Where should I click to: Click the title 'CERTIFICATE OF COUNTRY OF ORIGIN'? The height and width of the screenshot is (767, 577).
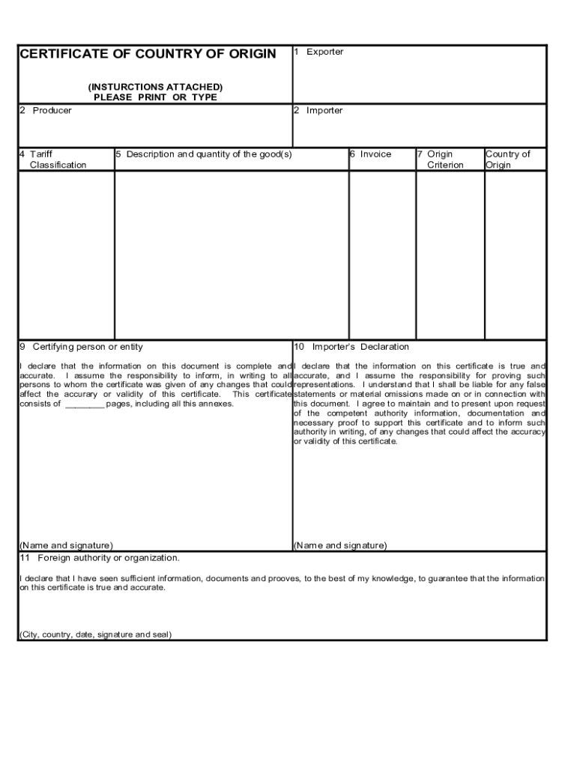point(148,54)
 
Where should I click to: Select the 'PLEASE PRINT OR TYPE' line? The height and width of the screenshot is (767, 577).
point(155,97)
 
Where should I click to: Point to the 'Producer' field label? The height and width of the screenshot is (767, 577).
point(52,111)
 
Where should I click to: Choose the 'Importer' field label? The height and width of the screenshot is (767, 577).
point(324,111)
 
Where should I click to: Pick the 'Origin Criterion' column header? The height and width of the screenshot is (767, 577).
point(444,160)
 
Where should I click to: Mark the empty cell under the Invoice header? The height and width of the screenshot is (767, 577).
point(381,255)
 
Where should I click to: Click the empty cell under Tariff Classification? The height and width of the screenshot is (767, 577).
point(66,255)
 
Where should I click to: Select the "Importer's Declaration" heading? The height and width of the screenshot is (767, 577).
point(360,347)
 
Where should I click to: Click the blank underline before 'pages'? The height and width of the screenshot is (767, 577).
point(84,404)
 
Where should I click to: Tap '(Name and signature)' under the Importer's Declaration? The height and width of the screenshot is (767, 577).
point(340,545)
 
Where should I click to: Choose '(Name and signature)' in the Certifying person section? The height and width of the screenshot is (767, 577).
point(66,545)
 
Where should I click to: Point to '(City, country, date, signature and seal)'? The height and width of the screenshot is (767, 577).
point(95,634)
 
